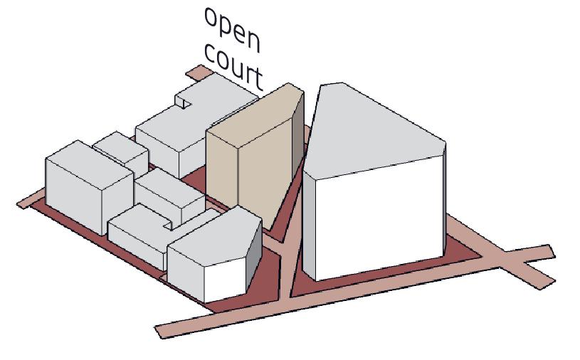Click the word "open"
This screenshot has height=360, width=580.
pos(232,28)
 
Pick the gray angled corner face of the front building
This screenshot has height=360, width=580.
pos(253,253)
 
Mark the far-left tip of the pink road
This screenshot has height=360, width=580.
pos(20,204)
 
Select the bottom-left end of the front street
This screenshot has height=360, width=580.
pos(160,330)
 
